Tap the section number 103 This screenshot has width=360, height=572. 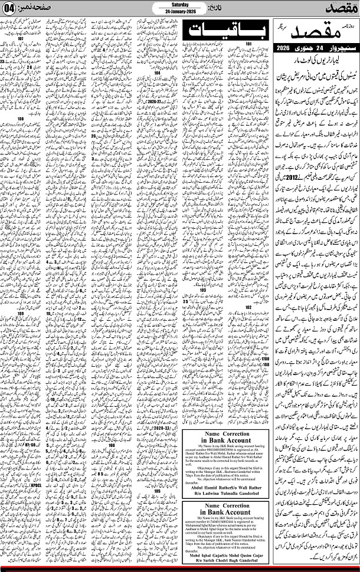203,290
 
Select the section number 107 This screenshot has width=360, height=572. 20,40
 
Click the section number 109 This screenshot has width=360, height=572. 20,313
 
